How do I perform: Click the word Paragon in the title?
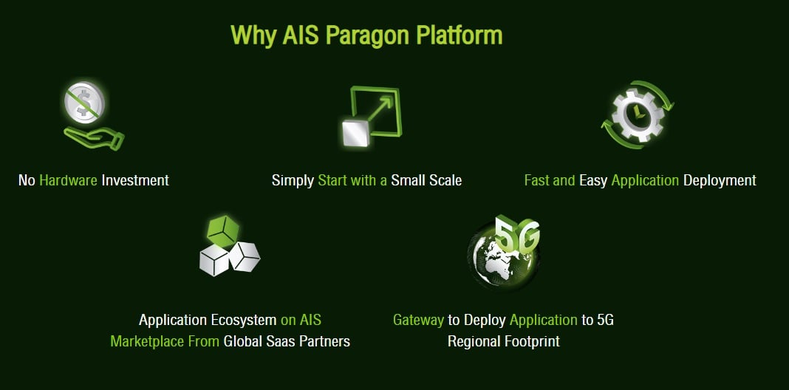(x=367, y=35)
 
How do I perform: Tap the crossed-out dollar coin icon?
(x=84, y=102)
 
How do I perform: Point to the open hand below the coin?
(x=94, y=138)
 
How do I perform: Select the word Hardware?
(x=68, y=180)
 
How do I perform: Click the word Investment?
(x=135, y=180)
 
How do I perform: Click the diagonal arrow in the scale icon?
(x=380, y=108)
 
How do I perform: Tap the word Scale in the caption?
(x=444, y=180)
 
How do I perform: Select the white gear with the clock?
(x=638, y=114)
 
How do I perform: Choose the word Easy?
(x=593, y=181)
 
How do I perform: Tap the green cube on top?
(x=223, y=231)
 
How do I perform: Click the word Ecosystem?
(x=244, y=320)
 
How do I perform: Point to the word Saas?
(x=281, y=341)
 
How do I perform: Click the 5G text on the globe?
(x=517, y=233)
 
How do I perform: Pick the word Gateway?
(x=419, y=320)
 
